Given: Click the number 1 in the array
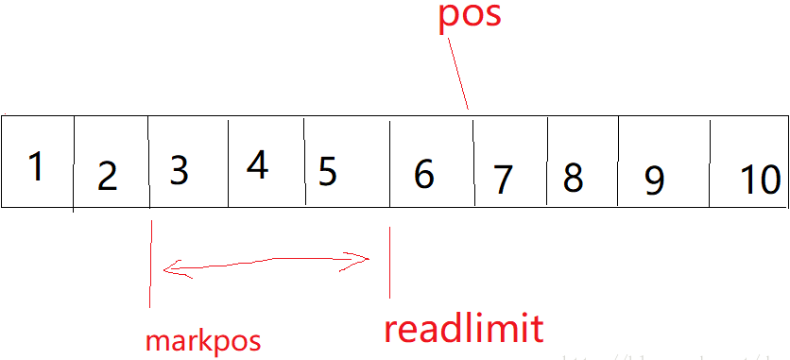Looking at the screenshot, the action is (36, 167).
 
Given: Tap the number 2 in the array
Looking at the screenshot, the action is (107, 176).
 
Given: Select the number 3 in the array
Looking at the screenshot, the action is (179, 170).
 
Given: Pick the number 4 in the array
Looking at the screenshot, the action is (256, 166).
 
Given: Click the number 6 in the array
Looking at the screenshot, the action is (424, 174).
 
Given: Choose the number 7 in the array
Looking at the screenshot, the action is (503, 178).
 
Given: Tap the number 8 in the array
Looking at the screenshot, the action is (573, 178).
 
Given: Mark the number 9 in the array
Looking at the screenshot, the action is (654, 180).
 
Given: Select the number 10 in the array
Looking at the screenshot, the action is (760, 180).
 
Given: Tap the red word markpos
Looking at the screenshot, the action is (202, 340).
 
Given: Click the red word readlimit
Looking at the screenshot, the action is (463, 328).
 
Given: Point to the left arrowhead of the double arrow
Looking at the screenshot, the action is (168, 270).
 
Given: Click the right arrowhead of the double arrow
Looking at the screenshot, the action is (365, 257).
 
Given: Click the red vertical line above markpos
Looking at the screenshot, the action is (149, 265).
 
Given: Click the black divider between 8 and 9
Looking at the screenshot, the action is (618, 161).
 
